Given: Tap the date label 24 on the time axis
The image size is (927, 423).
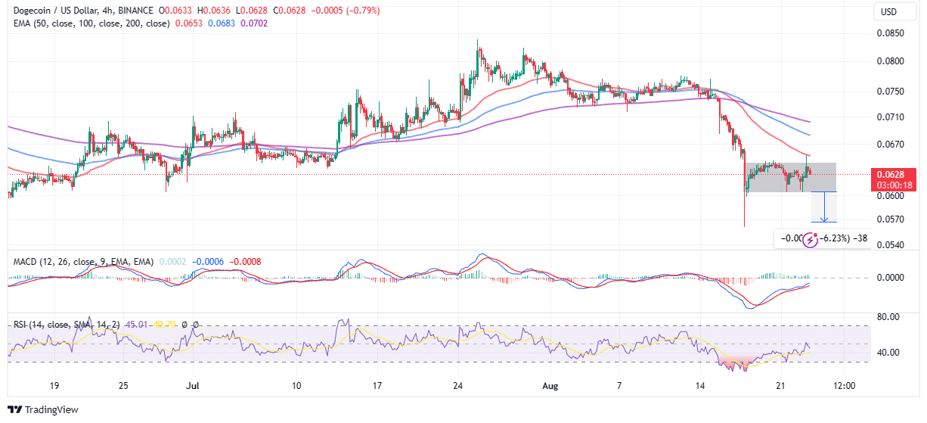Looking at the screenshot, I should pyautogui.click(x=458, y=385).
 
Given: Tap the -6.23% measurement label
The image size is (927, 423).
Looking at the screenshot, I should pyautogui.click(x=834, y=239).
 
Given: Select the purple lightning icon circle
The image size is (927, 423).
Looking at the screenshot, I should pyautogui.click(x=810, y=240).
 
